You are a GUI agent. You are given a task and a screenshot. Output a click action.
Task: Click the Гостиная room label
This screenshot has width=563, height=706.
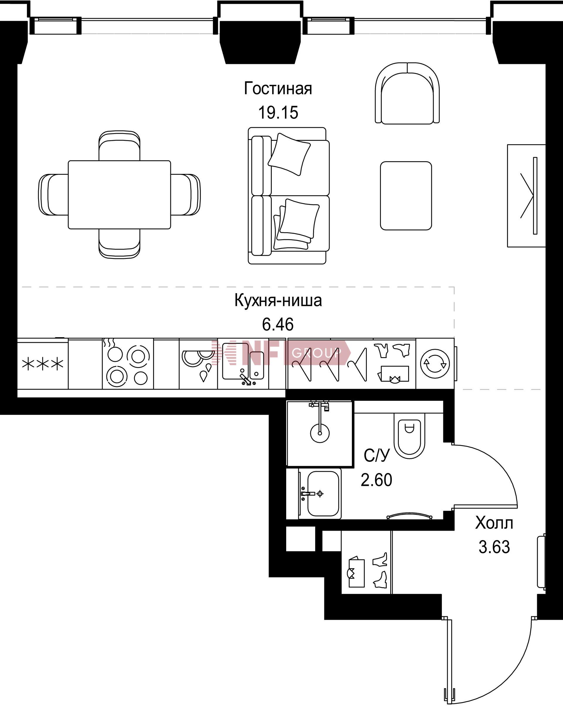click(278, 89)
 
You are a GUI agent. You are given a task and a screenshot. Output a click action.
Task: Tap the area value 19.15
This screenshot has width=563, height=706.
click(278, 113)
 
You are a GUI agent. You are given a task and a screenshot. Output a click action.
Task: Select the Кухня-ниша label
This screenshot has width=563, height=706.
click(278, 301)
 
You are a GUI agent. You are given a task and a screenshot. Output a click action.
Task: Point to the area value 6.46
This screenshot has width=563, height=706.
click(278, 325)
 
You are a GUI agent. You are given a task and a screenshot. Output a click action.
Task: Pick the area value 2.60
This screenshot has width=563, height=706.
click(376, 480)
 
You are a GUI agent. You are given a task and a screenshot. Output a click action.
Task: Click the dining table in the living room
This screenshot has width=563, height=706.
click(119, 194)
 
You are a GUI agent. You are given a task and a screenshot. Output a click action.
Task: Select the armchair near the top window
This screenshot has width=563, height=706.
click(407, 93)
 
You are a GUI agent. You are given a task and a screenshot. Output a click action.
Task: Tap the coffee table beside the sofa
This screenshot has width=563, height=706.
click(406, 196)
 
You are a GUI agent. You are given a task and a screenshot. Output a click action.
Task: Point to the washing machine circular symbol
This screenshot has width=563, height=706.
click(435, 364)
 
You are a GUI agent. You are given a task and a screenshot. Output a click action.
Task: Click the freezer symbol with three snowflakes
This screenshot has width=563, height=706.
click(43, 364)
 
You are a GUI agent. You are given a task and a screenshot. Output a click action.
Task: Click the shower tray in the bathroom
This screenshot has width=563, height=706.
click(320, 433)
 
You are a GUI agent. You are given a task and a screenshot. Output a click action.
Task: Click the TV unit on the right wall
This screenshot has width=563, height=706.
click(526, 196)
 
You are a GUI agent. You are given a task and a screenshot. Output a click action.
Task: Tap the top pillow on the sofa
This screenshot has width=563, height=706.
click(289, 154)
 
